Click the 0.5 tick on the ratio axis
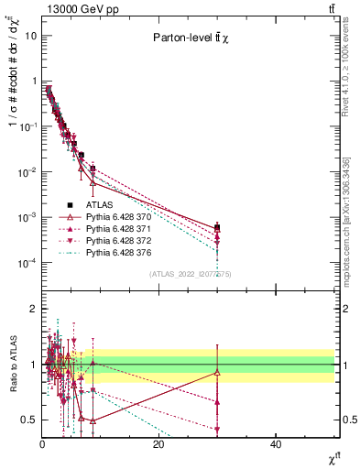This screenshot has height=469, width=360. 28,420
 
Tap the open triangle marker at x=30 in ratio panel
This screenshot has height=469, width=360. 217,372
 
